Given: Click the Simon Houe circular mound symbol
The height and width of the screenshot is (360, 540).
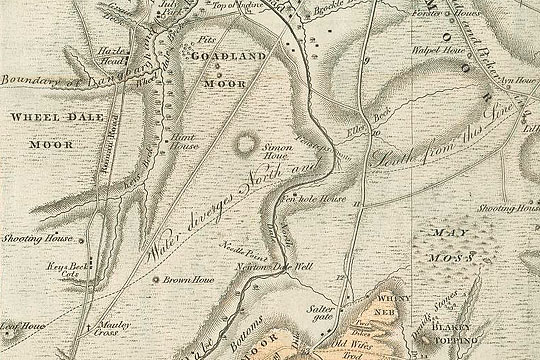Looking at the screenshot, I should click(x=243, y=146).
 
